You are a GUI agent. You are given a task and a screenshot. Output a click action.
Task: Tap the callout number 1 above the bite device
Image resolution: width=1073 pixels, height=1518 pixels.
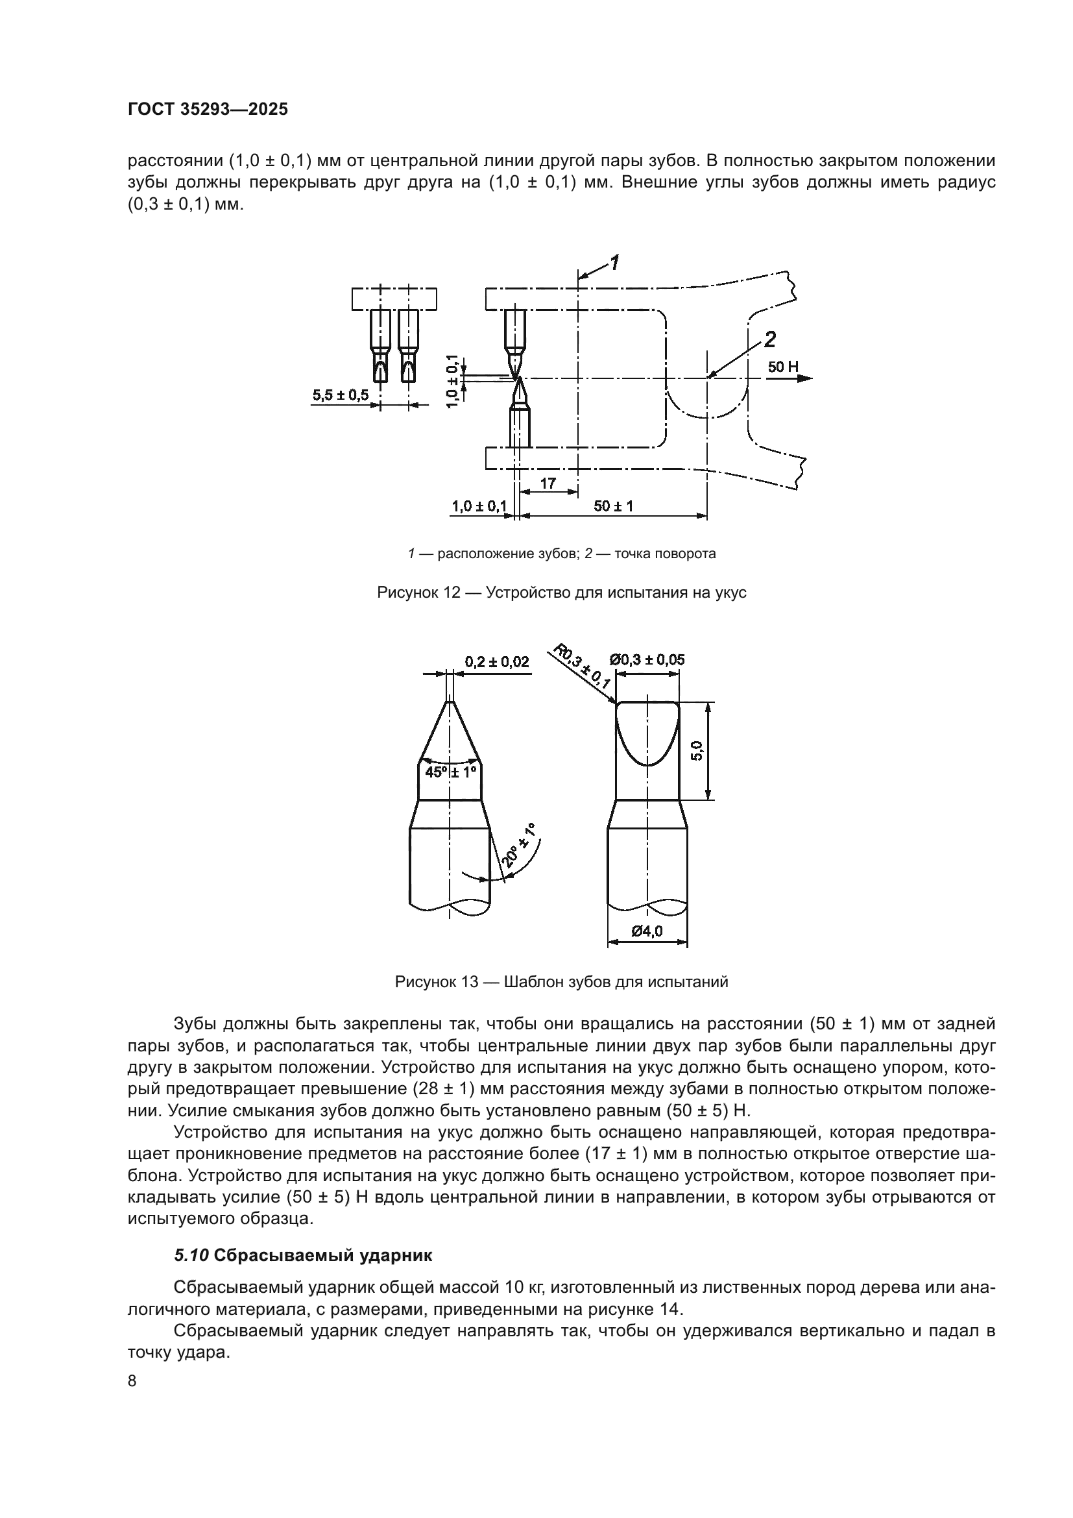[614, 263]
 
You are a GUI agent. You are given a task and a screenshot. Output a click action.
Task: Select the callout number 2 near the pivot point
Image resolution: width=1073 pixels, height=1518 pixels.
[770, 340]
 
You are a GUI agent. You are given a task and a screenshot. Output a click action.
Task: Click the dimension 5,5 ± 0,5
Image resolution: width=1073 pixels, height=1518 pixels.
[341, 395]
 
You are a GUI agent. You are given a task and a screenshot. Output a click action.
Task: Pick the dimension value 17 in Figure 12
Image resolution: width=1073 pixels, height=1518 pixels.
[548, 484]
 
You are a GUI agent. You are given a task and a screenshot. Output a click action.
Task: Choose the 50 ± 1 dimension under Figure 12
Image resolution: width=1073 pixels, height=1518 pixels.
[613, 506]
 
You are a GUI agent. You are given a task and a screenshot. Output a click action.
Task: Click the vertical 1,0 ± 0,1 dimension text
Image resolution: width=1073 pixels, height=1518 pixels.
[453, 381]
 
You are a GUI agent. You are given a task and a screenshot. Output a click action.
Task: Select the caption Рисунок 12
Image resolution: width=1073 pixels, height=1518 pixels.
[561, 593]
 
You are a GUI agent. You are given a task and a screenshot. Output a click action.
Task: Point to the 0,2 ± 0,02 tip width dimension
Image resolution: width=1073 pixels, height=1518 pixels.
[497, 662]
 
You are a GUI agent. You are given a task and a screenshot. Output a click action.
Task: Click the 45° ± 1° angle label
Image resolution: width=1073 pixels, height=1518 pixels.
[451, 772]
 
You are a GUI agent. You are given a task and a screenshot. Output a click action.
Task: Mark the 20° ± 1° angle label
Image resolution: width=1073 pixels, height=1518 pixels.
[519, 845]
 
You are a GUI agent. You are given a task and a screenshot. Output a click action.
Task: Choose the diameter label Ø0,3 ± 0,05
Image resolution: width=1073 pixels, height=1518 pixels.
[647, 660]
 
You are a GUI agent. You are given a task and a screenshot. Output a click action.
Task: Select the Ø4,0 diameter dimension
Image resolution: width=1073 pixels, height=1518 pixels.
[647, 931]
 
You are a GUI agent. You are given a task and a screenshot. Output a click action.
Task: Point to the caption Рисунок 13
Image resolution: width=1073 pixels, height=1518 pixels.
[561, 982]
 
